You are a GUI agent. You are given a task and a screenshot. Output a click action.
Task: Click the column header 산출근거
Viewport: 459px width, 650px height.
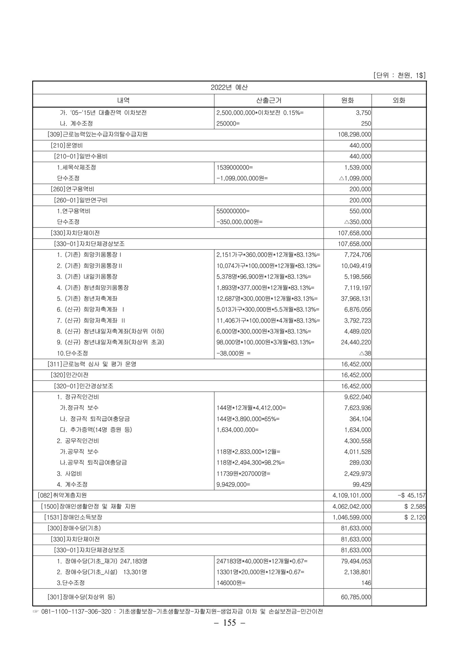[269, 100]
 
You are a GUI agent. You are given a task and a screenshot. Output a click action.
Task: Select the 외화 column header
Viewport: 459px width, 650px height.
[398, 100]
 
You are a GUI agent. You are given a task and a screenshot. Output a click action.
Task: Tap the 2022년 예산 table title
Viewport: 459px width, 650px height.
[229, 87]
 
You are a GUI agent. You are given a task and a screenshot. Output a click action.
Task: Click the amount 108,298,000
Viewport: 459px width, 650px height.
[354, 134]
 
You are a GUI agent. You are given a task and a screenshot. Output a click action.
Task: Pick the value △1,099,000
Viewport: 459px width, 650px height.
[355, 178]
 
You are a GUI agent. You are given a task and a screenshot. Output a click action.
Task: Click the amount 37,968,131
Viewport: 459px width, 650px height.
[356, 299]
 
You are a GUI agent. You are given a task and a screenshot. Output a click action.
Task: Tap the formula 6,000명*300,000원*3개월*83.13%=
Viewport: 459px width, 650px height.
[264, 331]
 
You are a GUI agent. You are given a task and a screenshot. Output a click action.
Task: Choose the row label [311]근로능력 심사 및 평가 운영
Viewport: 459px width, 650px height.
[92, 364]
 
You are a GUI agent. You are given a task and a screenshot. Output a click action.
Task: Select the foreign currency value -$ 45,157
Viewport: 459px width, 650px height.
[411, 496]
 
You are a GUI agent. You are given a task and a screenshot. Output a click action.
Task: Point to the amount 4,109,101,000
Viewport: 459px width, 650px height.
[352, 496]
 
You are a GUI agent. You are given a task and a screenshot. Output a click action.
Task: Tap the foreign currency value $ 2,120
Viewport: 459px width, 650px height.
[415, 517]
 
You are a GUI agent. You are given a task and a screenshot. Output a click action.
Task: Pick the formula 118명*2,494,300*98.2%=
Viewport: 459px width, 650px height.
[250, 462]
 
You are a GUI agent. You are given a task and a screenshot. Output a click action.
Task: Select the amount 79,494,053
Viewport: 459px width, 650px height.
[356, 561]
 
